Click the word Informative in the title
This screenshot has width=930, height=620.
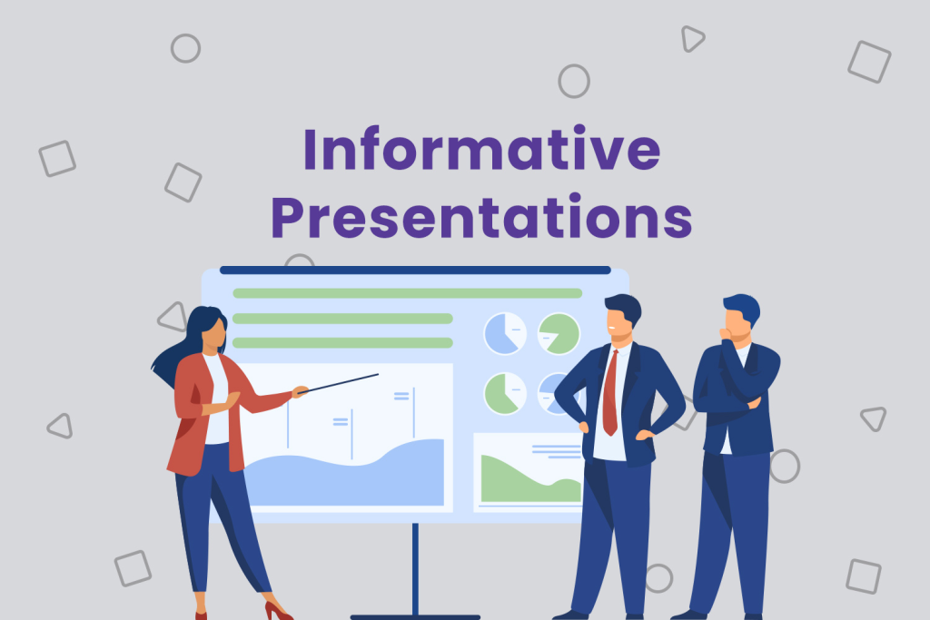[480, 151]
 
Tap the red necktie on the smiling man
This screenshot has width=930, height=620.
[611, 390]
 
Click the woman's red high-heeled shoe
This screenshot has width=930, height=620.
[276, 608]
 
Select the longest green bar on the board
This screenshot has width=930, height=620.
[407, 293]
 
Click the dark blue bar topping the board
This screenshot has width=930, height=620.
[415, 270]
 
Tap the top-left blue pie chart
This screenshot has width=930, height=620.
[505, 332]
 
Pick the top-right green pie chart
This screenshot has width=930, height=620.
[559, 333]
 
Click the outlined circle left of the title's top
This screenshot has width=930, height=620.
[185, 48]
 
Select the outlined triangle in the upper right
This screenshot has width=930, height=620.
[692, 38]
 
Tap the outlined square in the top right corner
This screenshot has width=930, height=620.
[869, 62]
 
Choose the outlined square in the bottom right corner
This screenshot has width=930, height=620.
[863, 576]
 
